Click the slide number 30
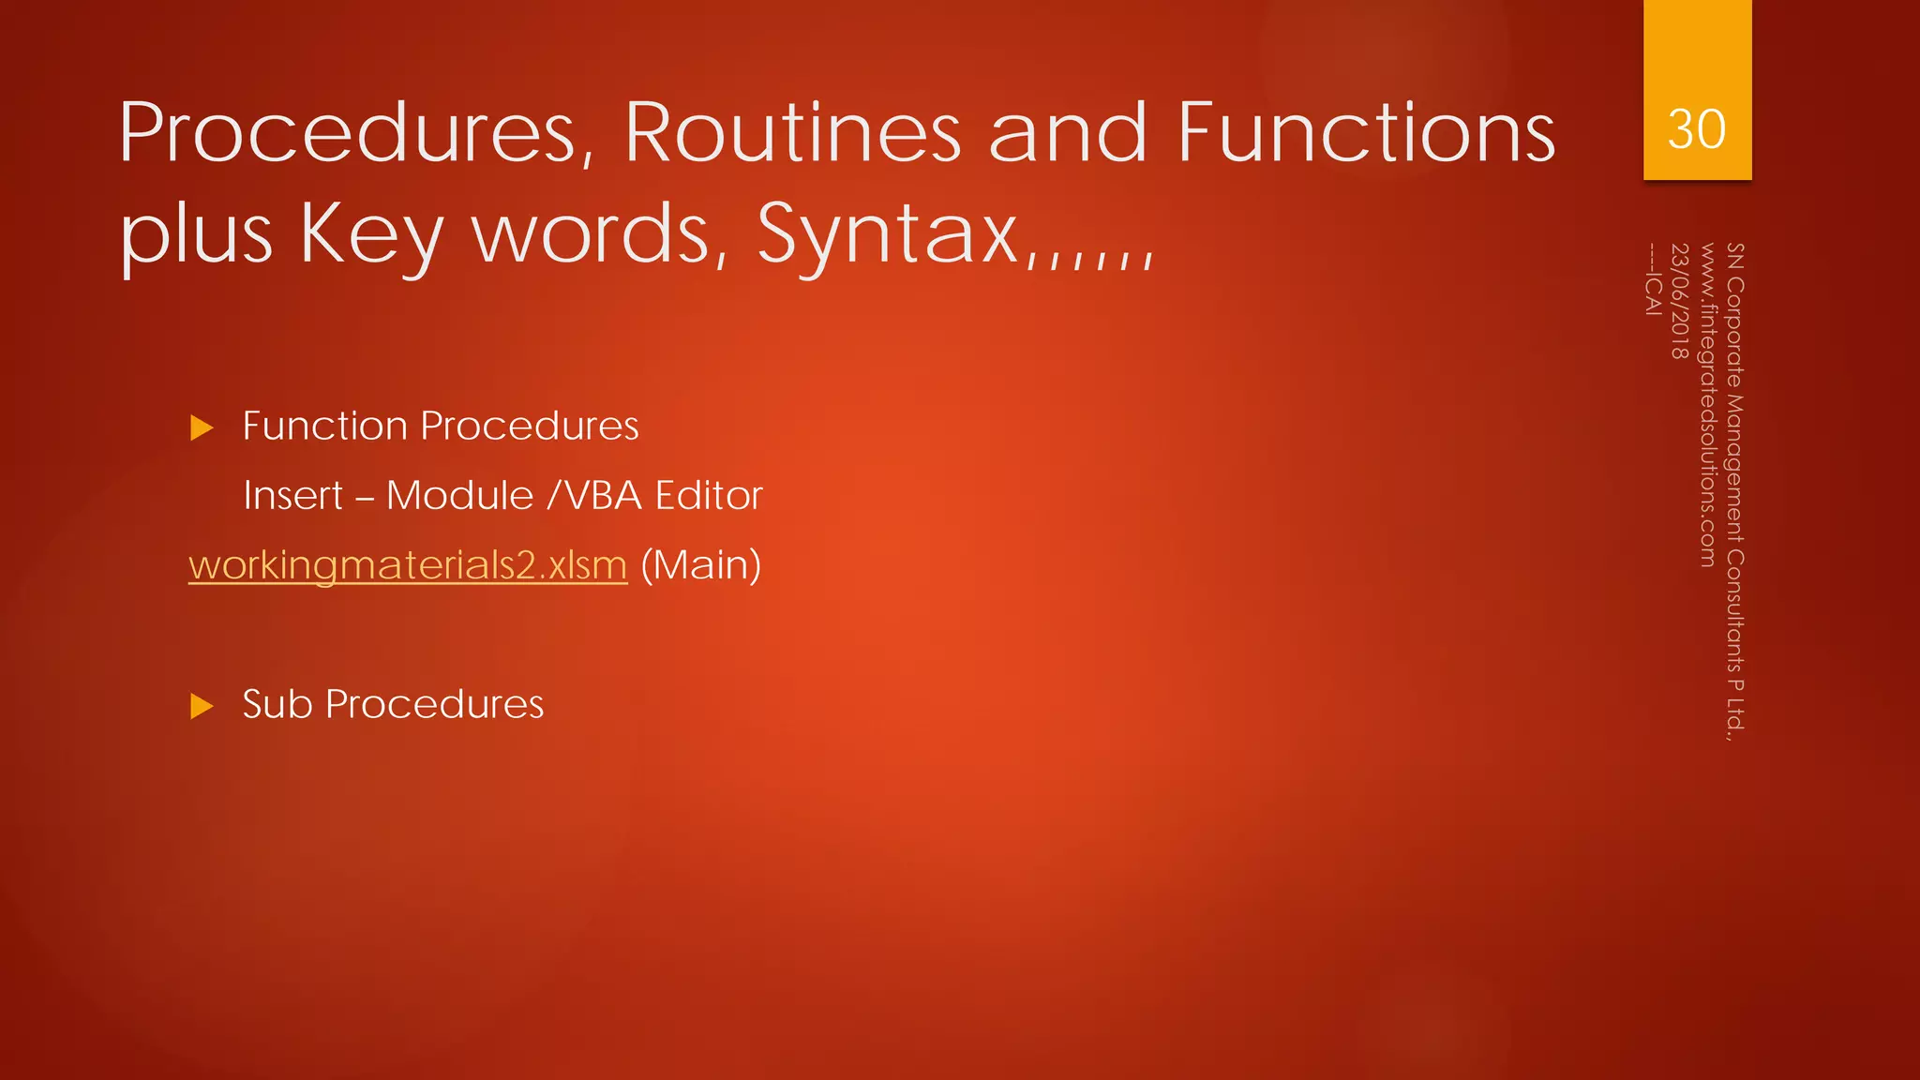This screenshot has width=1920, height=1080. click(1696, 129)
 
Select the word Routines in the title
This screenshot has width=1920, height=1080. click(793, 133)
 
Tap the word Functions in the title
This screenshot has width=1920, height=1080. click(1367, 133)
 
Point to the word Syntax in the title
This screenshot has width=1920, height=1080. click(888, 234)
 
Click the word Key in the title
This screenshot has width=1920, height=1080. click(370, 234)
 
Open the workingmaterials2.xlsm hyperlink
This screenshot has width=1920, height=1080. click(408, 565)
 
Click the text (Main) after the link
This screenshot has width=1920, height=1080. click(700, 565)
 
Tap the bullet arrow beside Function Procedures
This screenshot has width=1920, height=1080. click(202, 428)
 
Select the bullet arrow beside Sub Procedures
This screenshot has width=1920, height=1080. click(202, 706)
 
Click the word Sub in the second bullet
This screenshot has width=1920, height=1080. click(277, 704)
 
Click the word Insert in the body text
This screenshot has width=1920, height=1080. click(292, 496)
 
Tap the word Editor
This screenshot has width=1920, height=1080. click(709, 496)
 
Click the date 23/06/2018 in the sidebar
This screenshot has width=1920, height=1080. click(1679, 301)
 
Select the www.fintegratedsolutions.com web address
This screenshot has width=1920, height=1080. click(1707, 405)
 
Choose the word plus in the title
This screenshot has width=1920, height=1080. click(196, 234)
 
